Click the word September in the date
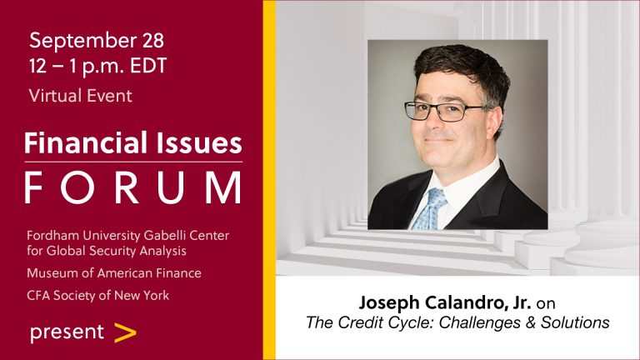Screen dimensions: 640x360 [82, 41]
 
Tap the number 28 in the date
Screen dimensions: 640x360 [153, 40]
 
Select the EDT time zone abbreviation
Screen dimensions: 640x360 [148, 66]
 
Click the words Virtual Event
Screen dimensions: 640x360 [80, 96]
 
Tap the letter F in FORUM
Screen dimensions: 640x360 [34, 187]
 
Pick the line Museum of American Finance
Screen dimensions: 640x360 [114, 272]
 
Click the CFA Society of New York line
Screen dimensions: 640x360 [98, 295]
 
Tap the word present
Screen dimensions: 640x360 [67, 332]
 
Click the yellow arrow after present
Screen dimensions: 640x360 [125, 332]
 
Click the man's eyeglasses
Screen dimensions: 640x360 [443, 112]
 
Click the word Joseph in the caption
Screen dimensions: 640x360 [389, 303]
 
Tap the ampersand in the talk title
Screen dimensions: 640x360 [530, 322]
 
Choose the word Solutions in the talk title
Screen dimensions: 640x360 [575, 322]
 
